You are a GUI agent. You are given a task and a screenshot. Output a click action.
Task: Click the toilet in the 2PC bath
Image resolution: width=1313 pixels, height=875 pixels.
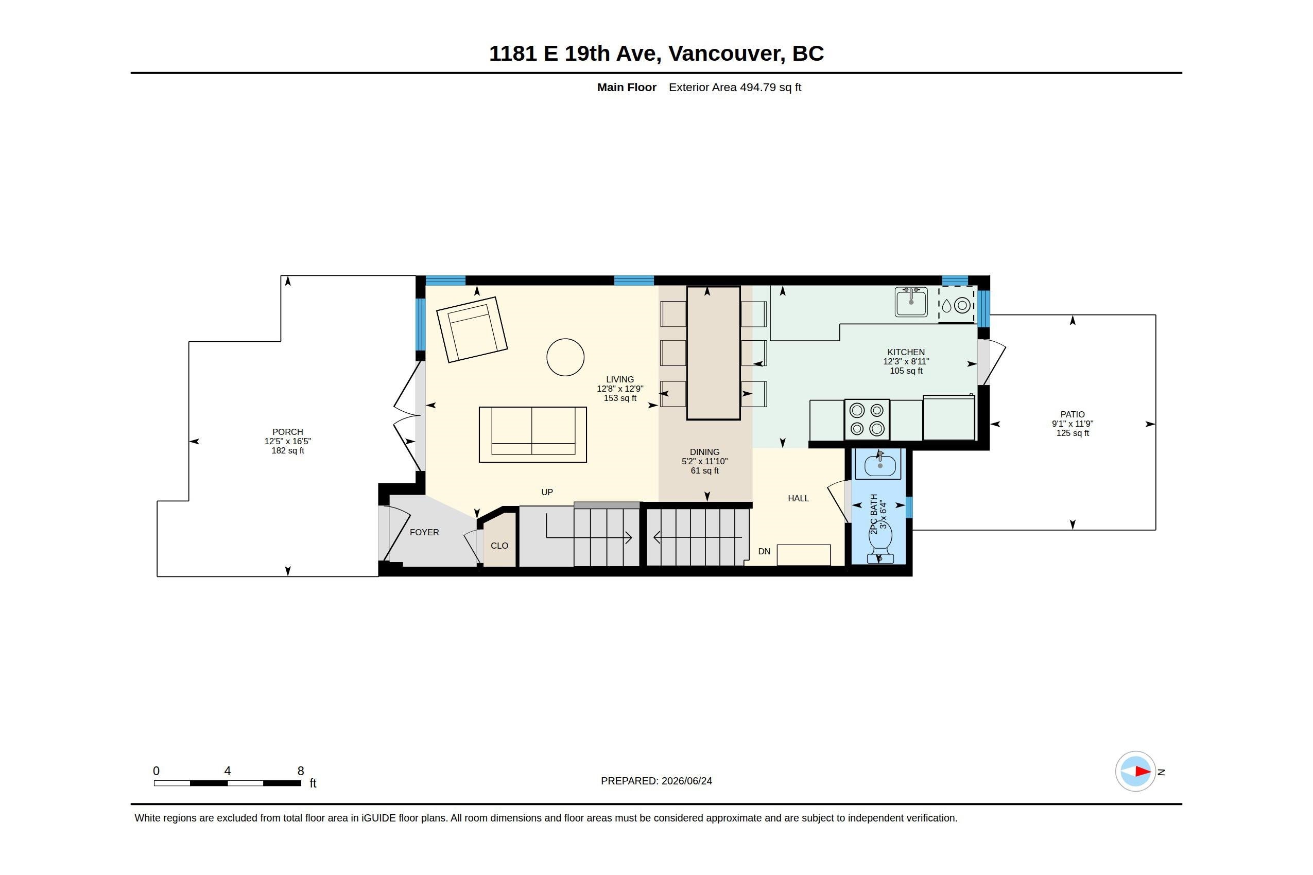880,544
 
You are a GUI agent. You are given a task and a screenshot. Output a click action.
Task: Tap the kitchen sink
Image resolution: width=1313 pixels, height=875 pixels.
910,302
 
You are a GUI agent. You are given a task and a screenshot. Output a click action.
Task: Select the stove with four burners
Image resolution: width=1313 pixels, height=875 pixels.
867,419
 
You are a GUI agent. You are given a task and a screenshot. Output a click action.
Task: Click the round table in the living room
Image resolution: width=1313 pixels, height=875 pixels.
565,357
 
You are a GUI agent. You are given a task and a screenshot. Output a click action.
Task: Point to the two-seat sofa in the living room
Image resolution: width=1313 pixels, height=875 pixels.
532,434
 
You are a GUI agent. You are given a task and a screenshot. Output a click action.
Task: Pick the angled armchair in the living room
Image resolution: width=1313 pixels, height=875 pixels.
472,329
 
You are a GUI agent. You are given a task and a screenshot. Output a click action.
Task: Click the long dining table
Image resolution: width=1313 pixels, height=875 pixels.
713,353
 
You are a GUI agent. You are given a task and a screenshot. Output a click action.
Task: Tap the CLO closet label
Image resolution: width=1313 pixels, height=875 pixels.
499,546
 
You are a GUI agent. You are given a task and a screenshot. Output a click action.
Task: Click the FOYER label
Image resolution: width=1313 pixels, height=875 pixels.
424,532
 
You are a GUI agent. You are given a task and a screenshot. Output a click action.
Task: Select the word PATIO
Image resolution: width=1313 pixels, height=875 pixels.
1073,415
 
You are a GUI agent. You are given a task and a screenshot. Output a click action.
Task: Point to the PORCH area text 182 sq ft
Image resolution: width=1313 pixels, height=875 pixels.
287,451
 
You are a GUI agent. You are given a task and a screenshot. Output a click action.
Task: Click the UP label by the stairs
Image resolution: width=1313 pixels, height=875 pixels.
547,492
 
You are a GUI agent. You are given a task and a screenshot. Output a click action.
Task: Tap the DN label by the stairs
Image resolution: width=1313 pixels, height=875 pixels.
764,551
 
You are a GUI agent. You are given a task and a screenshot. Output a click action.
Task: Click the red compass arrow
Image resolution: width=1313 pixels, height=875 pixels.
1143,772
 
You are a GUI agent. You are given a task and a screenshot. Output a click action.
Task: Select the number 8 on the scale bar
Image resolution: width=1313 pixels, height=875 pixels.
300,771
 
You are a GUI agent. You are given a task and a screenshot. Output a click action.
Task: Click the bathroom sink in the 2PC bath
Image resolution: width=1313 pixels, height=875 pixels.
880,465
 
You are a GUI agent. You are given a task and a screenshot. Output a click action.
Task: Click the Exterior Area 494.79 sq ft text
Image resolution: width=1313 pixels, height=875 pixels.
735,87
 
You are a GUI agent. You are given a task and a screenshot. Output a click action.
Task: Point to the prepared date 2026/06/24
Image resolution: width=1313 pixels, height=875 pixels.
687,781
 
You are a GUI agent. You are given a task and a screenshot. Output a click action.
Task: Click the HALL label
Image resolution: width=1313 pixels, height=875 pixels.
798,498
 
